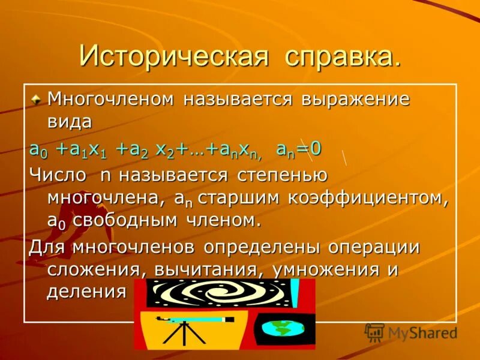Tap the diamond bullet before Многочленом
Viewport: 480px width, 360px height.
coord(37,98)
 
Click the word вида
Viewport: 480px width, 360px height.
coord(70,122)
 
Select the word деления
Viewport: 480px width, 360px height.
coord(86,292)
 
